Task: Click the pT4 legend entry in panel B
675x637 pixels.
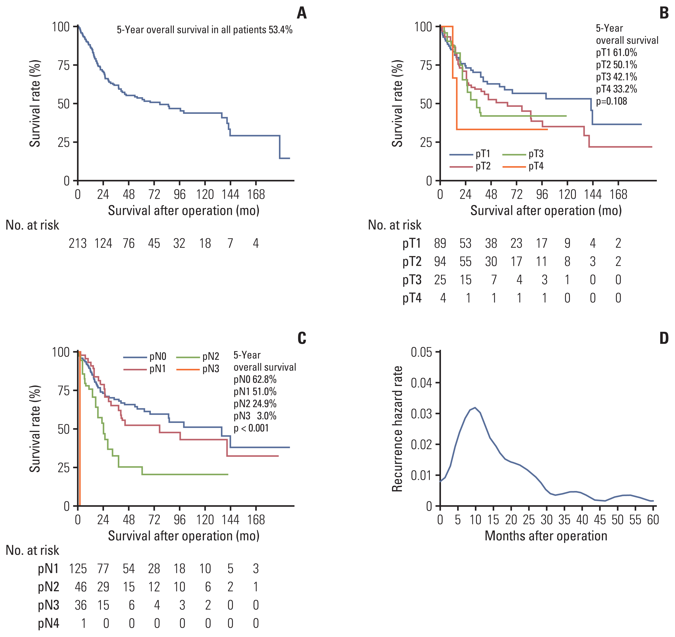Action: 536,166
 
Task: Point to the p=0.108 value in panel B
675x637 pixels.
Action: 612,101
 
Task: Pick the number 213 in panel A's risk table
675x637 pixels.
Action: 78,243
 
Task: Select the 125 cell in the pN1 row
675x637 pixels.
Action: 78,569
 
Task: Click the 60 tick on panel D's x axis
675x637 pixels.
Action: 653,520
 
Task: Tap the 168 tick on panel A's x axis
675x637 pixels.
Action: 256,195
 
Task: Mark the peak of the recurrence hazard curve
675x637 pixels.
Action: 475,407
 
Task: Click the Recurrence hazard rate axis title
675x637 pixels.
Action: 397,429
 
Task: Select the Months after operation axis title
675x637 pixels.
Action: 546,536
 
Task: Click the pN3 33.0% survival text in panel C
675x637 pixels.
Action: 255,416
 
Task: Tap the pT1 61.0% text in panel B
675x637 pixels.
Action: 616,53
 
